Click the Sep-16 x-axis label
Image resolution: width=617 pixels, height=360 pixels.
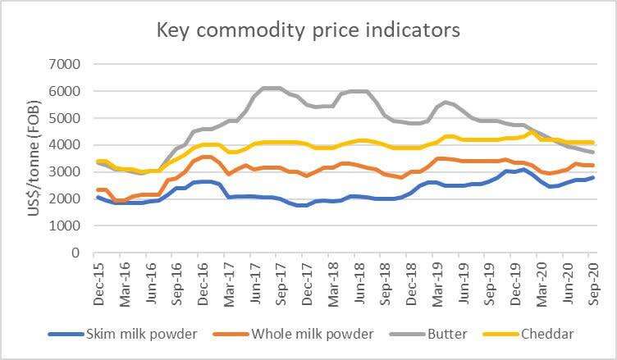(x=178, y=282)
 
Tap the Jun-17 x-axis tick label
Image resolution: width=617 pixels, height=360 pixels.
(x=256, y=282)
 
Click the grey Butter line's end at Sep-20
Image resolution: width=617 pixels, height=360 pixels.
(x=593, y=152)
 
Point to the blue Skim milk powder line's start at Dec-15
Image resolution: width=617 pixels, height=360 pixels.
(x=98, y=198)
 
